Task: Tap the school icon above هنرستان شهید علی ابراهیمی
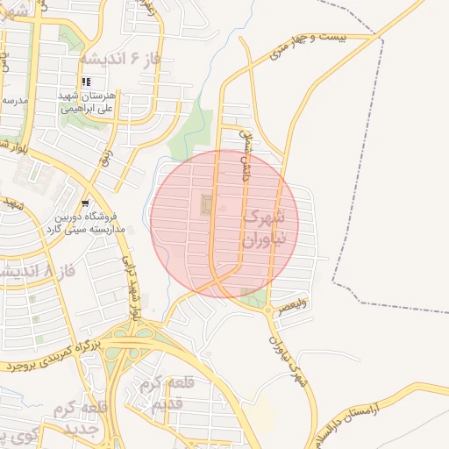86,82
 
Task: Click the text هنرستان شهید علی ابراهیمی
87,103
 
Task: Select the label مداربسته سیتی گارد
87,228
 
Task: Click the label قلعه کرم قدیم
159,394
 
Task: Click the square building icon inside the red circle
207,205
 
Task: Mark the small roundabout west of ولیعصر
268,310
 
